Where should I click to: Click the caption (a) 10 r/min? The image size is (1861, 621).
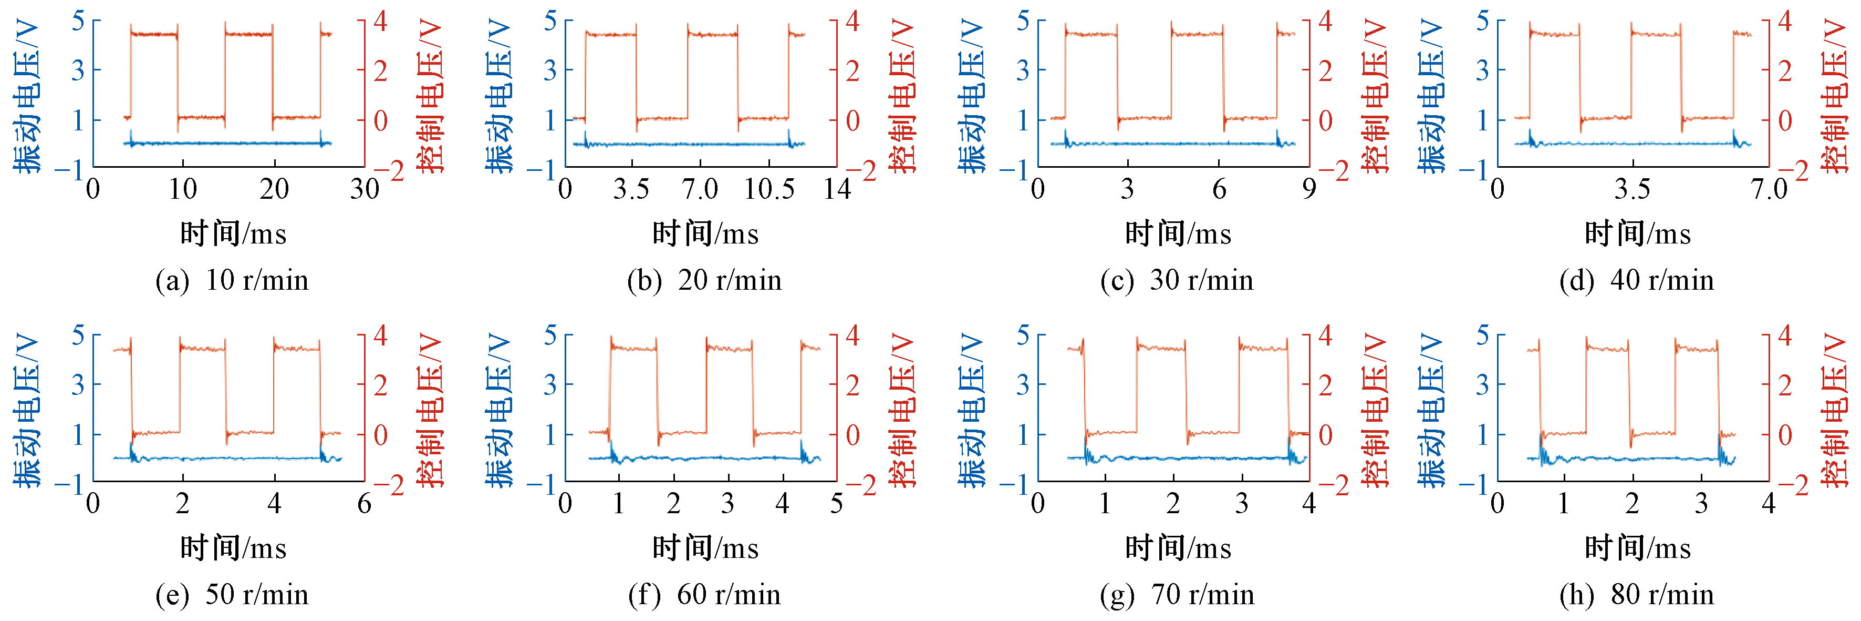[x=232, y=280]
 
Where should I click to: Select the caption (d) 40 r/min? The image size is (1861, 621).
[x=1636, y=280]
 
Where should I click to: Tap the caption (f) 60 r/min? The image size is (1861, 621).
[x=704, y=595]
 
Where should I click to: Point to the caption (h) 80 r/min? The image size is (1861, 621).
[x=1636, y=595]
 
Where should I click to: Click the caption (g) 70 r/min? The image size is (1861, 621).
[x=1177, y=595]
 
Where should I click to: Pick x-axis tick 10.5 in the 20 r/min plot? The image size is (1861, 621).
[x=768, y=189]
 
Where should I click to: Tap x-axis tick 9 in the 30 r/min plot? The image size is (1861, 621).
[x=1309, y=189]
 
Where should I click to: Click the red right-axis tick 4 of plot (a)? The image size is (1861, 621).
[x=381, y=21]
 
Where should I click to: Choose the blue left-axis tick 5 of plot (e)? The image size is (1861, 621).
[x=78, y=335]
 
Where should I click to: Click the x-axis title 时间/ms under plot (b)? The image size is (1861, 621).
[x=705, y=233]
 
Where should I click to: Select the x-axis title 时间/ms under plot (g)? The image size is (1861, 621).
[x=1178, y=548]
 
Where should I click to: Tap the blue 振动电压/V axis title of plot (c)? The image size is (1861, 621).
[x=972, y=96]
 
